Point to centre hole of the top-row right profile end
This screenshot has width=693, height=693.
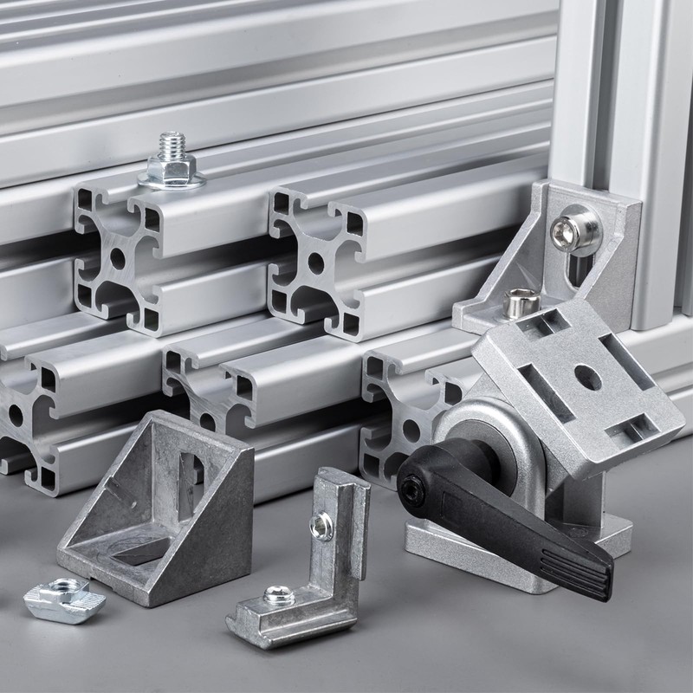[315, 262]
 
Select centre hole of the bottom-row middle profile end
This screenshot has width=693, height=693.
[207, 422]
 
